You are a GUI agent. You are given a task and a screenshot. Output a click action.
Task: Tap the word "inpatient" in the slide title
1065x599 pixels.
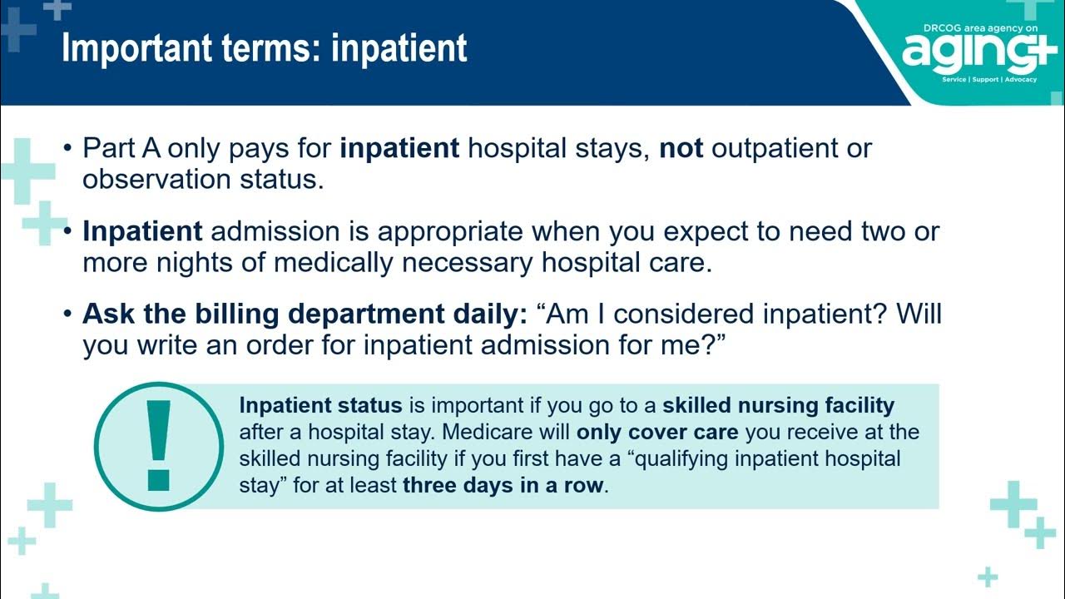[399, 48]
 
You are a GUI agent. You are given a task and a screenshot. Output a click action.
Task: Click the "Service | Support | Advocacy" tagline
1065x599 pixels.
[989, 80]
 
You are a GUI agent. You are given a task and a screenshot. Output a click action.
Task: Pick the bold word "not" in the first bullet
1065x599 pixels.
[681, 148]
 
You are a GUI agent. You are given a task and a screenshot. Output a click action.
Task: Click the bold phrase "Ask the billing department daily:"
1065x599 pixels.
[305, 314]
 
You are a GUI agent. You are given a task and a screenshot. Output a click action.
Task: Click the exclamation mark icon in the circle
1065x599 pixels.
[158, 446]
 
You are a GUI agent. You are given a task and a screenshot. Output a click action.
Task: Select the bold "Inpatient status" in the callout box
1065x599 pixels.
[320, 406]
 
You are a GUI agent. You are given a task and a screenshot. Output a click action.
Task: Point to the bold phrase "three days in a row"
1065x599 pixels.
[503, 486]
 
